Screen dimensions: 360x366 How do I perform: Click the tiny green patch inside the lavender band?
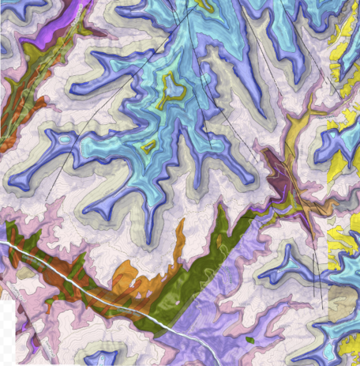coord(250,340)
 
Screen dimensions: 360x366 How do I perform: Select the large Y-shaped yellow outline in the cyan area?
coord(170,92)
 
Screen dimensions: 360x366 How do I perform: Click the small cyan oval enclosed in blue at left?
coord(61,139)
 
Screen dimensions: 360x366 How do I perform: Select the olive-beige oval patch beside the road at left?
coord(26,272)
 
